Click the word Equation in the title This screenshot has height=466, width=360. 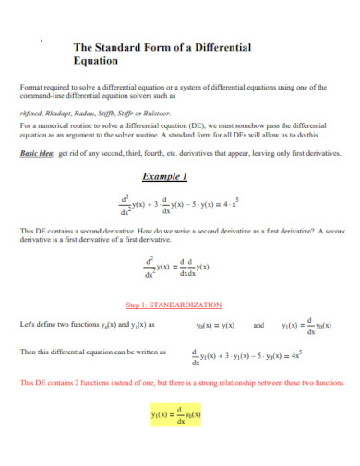95,62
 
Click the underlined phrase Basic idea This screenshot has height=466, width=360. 37,155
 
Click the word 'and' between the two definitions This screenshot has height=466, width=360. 258,325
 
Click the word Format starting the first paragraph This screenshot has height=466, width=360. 31,86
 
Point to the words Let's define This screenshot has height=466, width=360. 39,325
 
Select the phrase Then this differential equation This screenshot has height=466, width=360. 66,353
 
